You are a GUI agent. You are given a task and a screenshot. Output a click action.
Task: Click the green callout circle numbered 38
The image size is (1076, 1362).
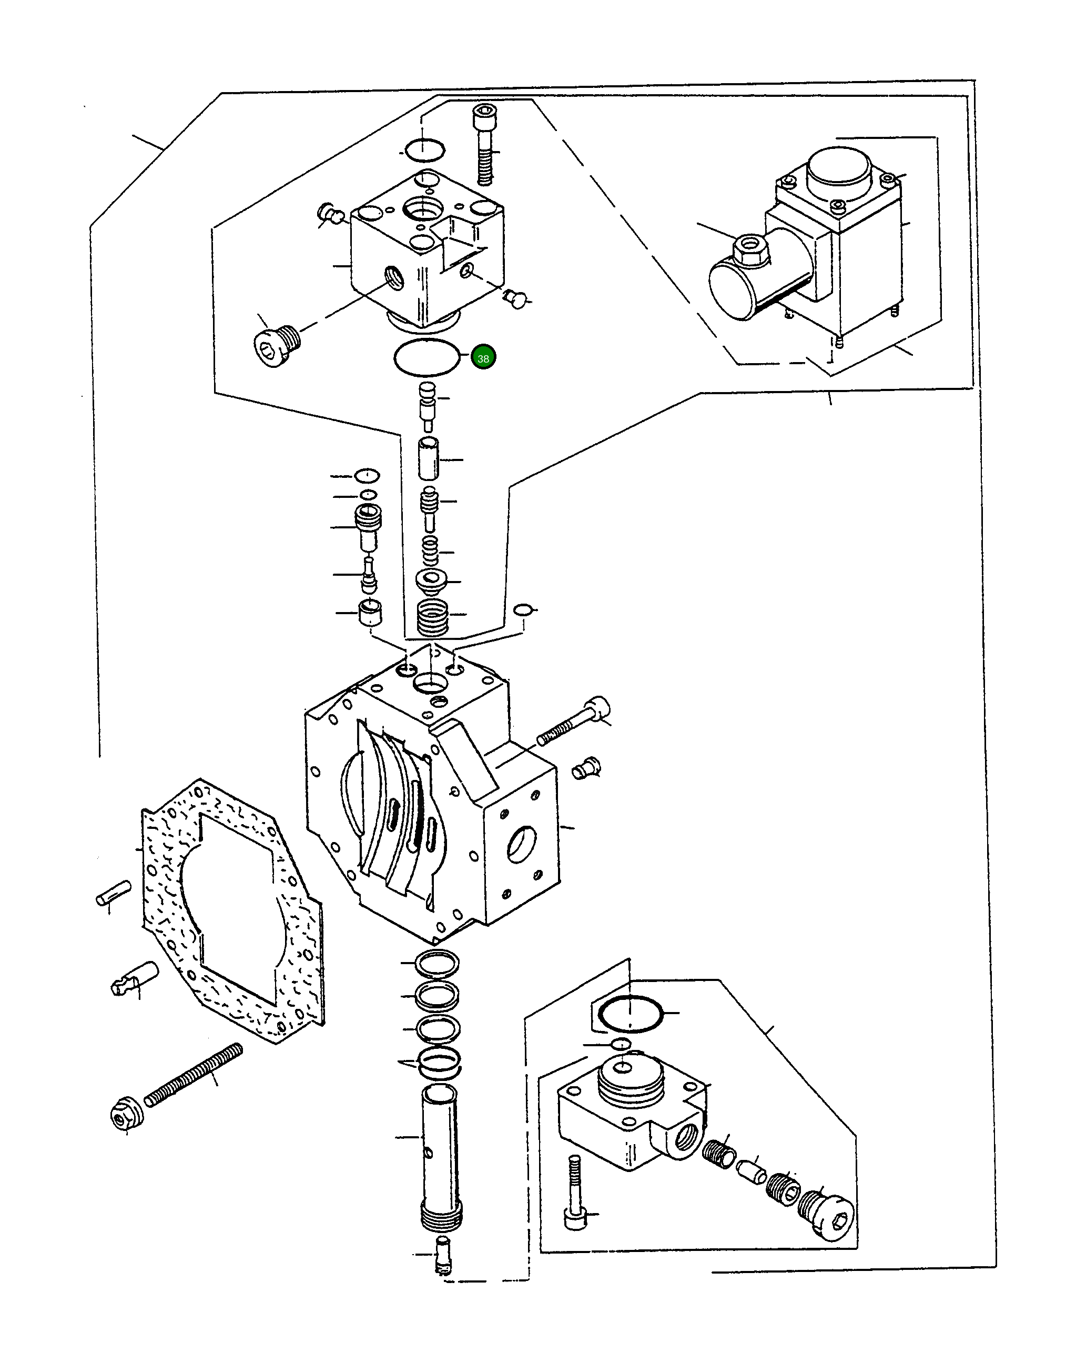coord(483,358)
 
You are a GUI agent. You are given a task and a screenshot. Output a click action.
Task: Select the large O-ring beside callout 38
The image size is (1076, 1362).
coord(427,357)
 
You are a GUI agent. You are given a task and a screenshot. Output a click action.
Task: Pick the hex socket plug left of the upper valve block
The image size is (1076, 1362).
coord(276,344)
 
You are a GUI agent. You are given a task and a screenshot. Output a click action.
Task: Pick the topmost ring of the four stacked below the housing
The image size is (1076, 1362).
coord(437,964)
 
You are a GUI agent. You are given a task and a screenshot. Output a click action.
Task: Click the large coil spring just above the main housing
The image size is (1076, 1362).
coord(433,618)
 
